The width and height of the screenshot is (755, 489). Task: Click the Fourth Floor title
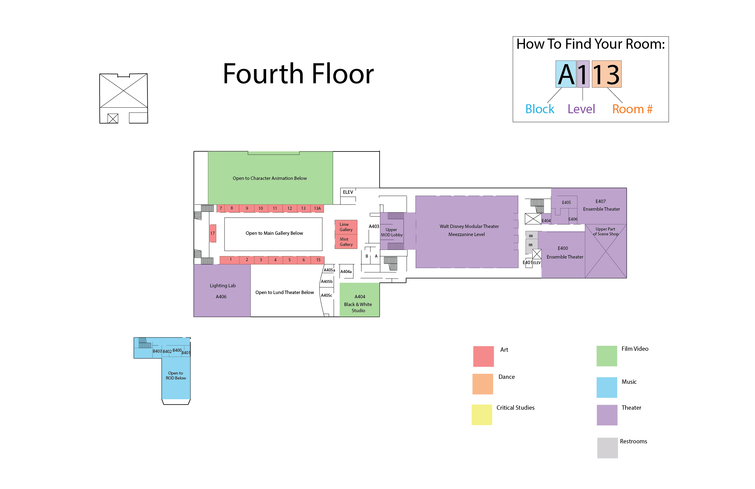(298, 74)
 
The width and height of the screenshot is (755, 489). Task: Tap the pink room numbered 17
(212, 233)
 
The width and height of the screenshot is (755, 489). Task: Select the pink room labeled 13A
(317, 209)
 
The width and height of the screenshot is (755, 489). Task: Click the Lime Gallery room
(346, 227)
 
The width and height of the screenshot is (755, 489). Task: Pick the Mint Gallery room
(346, 242)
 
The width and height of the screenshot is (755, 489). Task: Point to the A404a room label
(346, 271)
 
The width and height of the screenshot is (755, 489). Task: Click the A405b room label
(327, 281)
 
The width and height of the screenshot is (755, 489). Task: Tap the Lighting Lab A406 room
(222, 291)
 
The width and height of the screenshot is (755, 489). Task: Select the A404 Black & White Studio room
(360, 300)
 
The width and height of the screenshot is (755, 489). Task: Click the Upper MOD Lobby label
(392, 232)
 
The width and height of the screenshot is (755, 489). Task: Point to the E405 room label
(566, 202)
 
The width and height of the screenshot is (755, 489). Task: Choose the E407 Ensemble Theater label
(601, 205)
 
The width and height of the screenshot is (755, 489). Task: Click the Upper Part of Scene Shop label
(606, 232)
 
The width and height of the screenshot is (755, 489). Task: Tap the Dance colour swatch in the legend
(482, 384)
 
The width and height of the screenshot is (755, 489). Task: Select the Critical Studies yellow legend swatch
(482, 415)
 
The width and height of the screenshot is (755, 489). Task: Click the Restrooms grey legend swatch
(608, 448)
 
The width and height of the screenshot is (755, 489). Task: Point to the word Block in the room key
(540, 109)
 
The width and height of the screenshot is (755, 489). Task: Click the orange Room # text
(632, 109)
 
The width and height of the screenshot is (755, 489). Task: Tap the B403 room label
(157, 351)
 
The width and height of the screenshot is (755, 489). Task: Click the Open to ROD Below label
(176, 376)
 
